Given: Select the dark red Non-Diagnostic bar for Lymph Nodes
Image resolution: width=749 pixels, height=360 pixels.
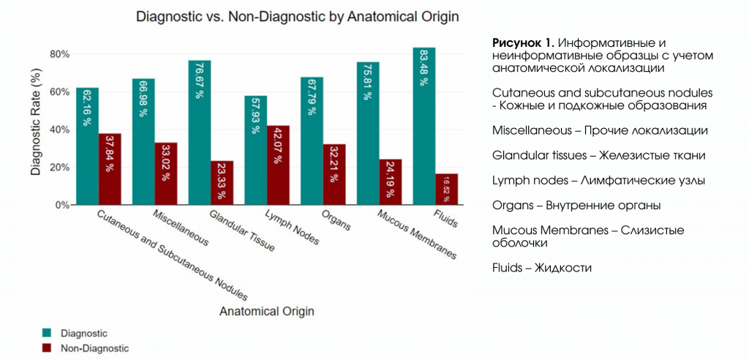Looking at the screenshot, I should click(x=278, y=165).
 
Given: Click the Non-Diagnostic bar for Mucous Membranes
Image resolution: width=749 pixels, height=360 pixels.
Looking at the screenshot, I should click(x=391, y=182).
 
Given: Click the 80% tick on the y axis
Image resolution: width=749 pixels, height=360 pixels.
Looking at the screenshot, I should click(x=59, y=54).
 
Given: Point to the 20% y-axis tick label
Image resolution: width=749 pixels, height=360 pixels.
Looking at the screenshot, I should click(x=59, y=168).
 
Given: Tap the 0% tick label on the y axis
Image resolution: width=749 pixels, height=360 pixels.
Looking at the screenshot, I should click(x=61, y=206).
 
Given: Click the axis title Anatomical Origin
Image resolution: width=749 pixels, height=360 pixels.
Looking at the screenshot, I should click(x=267, y=311).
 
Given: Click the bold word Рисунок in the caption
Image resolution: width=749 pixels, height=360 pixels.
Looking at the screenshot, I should click(x=515, y=43).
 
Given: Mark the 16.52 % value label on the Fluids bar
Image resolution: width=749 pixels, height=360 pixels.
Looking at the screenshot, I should click(x=446, y=189).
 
